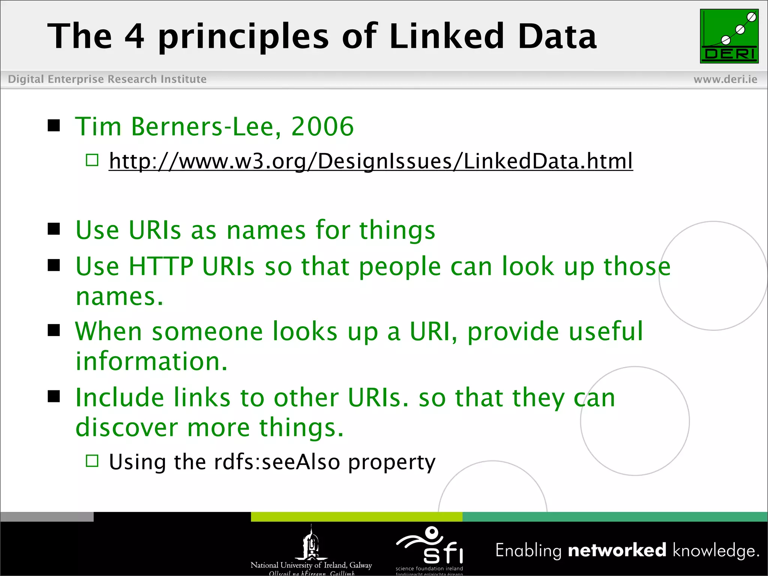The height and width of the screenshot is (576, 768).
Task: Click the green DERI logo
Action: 729,36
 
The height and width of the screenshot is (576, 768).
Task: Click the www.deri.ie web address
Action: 725,79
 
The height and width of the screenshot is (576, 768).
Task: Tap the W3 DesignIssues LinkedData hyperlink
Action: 370,161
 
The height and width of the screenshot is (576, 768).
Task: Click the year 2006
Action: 322,126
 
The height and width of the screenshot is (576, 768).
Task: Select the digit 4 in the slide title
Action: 134,36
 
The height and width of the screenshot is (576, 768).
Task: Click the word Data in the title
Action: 557,36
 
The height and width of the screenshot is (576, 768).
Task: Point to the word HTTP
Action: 161,266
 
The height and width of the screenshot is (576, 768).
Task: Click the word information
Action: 151,361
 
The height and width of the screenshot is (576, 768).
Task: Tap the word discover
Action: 127,427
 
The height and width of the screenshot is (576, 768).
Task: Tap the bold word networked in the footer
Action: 617,550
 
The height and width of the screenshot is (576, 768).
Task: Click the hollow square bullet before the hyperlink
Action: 92,160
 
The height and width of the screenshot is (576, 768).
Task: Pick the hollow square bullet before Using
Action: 92,461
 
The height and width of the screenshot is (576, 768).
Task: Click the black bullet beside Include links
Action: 54,396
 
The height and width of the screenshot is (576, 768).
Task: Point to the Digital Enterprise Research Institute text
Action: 107,79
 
